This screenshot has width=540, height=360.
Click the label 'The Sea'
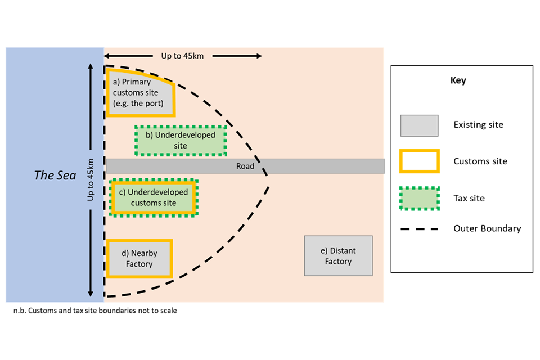pyautogui.click(x=55, y=175)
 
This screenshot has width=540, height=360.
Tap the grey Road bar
pyautogui.click(x=315, y=166)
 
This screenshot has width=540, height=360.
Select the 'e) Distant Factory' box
pyautogui.click(x=338, y=256)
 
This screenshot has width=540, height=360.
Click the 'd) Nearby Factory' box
pyautogui.click(x=139, y=259)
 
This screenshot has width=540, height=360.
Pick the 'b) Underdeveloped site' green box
pyautogui.click(x=181, y=141)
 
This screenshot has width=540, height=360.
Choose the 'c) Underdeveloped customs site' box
pyautogui.click(x=154, y=197)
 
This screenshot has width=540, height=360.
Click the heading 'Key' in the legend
pyautogui.click(x=458, y=80)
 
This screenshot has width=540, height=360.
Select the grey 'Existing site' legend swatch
pyautogui.click(x=419, y=125)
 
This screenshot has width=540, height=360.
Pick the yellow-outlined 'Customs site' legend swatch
pyautogui.click(x=419, y=161)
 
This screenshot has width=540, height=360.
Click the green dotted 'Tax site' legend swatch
pyautogui.click(x=419, y=198)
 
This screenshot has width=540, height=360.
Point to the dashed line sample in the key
pyautogui.click(x=419, y=229)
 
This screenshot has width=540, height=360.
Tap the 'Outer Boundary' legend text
pyautogui.click(x=487, y=228)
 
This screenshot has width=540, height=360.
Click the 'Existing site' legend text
pyautogui.click(x=478, y=125)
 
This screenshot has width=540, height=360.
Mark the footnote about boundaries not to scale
pyautogui.click(x=95, y=310)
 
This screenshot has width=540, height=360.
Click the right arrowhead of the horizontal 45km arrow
pyautogui.click(x=259, y=56)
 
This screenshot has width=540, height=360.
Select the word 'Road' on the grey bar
pyautogui.click(x=245, y=166)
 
